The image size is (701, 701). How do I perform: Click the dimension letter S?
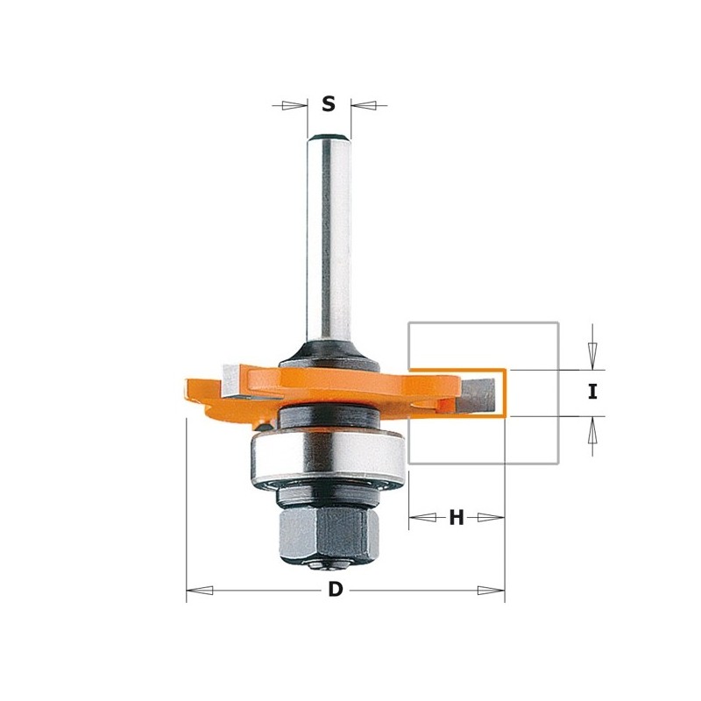(329, 104)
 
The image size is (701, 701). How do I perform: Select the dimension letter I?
(592, 392)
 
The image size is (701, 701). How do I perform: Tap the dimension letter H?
(457, 518)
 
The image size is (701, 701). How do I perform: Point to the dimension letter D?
(336, 590)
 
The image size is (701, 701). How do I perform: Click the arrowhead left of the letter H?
(421, 518)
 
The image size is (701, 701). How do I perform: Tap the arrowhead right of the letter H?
(492, 518)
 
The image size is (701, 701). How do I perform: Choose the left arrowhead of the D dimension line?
(199, 591)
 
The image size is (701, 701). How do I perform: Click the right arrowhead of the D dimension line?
(492, 591)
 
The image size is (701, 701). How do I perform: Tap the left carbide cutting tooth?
(233, 378)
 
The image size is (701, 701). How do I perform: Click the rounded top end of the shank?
(329, 135)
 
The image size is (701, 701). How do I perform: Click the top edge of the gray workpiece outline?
(483, 322)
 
